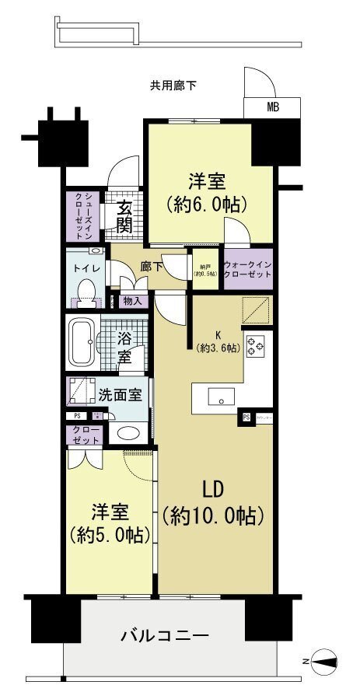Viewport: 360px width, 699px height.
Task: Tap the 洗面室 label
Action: coord(120,394)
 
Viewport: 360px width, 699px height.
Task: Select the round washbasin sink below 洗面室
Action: coord(127,433)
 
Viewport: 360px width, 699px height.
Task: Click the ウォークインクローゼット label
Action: coord(248,269)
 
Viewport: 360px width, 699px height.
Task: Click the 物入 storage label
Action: coord(132,300)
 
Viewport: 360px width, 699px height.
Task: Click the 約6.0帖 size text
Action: coord(206,204)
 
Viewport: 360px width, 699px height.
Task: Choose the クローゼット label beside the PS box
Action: coord(86,435)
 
